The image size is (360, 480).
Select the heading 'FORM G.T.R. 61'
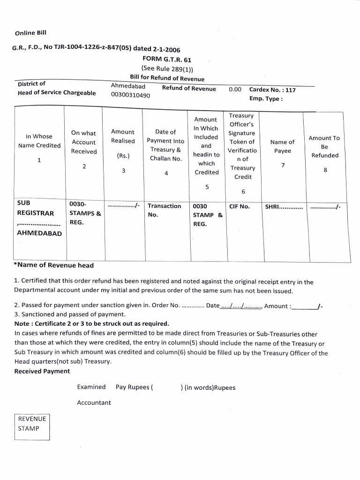166,60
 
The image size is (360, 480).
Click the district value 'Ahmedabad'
128,86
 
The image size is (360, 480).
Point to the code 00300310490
130,95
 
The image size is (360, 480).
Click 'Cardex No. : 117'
272,90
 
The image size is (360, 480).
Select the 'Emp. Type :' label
266,99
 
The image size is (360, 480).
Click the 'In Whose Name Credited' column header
39,141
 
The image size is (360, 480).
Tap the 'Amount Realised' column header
123,136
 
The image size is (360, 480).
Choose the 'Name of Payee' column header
283,146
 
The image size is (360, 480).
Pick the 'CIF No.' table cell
240,206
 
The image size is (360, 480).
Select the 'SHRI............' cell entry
284,207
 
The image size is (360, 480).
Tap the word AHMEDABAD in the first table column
39,233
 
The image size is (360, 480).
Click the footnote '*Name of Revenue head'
54,265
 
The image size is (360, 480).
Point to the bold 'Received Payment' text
42,371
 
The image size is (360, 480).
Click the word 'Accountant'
94,403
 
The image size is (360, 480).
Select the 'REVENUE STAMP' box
32,424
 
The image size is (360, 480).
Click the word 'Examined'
91,387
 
